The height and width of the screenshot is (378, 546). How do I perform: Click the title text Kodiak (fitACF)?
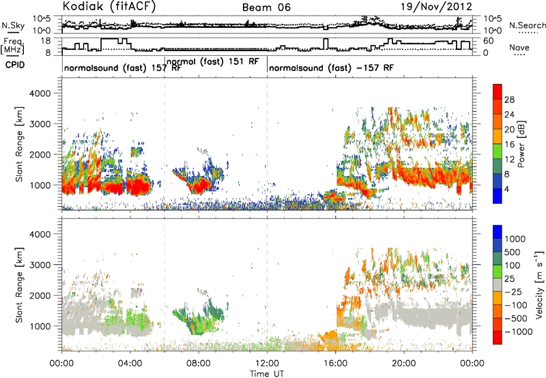point(109,6)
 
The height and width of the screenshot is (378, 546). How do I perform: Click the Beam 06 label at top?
point(266,8)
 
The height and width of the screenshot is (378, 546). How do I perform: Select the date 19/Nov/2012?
point(436,7)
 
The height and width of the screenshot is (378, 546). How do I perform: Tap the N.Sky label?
point(13,25)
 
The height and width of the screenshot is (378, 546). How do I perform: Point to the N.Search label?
point(527,25)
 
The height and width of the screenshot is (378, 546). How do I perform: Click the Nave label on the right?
point(519,47)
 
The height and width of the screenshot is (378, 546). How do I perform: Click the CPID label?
point(15,65)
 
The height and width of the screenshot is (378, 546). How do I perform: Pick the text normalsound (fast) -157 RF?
point(331,68)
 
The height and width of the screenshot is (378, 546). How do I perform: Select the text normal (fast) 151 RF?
point(213,61)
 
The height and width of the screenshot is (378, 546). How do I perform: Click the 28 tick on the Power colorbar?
point(509,100)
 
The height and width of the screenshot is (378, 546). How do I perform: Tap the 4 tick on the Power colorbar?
point(506,190)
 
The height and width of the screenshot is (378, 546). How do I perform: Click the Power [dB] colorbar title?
point(521,144)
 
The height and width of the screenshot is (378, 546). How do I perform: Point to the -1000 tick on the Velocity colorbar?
point(519,332)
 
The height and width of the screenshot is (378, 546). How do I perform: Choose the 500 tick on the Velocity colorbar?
point(512,252)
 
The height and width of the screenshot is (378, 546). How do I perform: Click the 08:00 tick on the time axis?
point(199,364)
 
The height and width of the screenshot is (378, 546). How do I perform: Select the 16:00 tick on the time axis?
point(335,364)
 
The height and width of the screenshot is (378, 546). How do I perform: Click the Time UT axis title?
point(267,374)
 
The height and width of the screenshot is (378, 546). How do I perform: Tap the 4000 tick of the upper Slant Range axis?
point(40,93)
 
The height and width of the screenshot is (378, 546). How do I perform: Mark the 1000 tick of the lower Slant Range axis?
point(40,326)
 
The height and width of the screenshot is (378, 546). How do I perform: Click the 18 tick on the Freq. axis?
point(46,41)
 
